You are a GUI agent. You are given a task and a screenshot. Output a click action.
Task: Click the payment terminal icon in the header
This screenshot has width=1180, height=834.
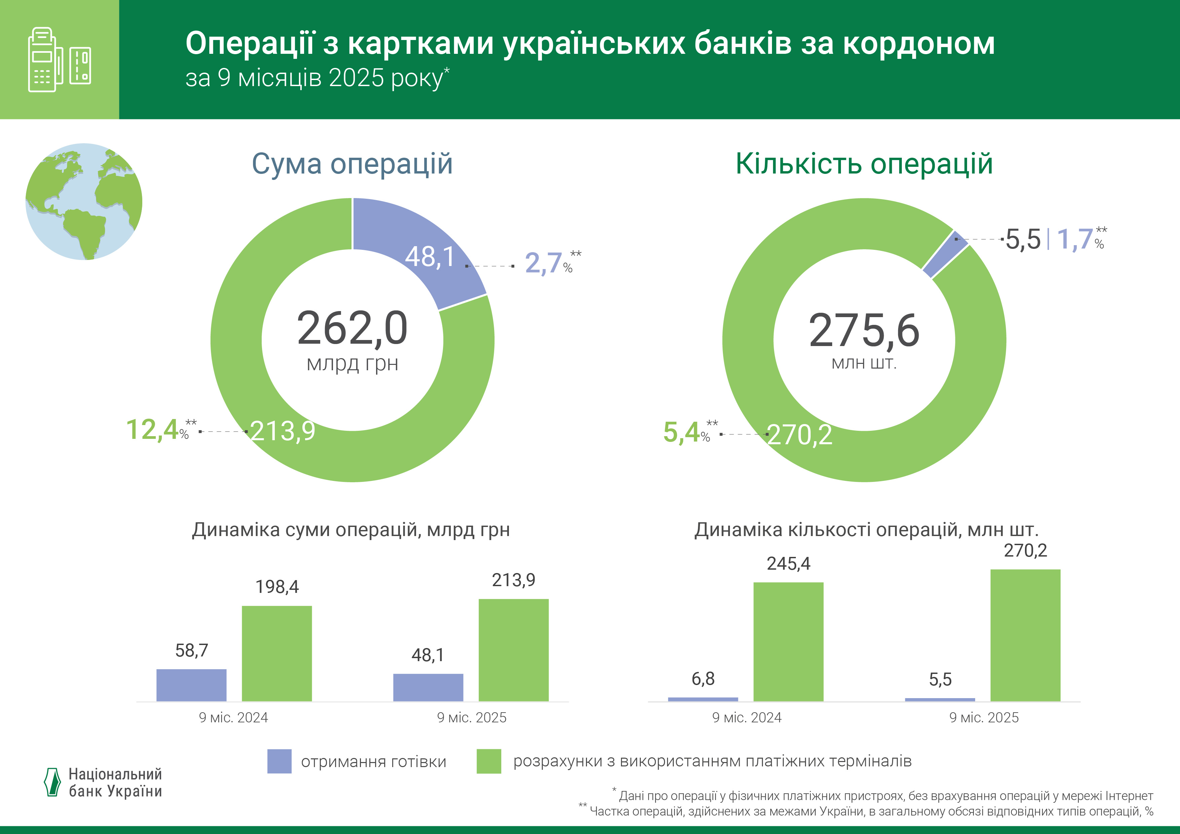coord(59,60)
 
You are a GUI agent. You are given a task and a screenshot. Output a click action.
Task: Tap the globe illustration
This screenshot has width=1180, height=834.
coord(84,201)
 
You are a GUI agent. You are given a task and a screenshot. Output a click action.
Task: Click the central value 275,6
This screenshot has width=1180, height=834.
coord(864,331)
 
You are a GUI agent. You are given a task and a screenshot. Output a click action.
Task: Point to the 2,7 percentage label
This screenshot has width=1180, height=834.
coord(543,263)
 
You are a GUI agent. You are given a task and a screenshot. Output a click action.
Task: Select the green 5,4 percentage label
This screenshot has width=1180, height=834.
coord(681,432)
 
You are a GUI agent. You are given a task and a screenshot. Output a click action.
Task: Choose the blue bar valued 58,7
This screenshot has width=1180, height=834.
coord(191,685)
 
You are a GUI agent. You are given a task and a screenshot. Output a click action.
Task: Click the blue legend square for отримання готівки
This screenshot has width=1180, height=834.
coord(279,761)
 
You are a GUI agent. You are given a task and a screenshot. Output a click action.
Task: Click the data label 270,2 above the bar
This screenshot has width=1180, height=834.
coord(1025,551)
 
